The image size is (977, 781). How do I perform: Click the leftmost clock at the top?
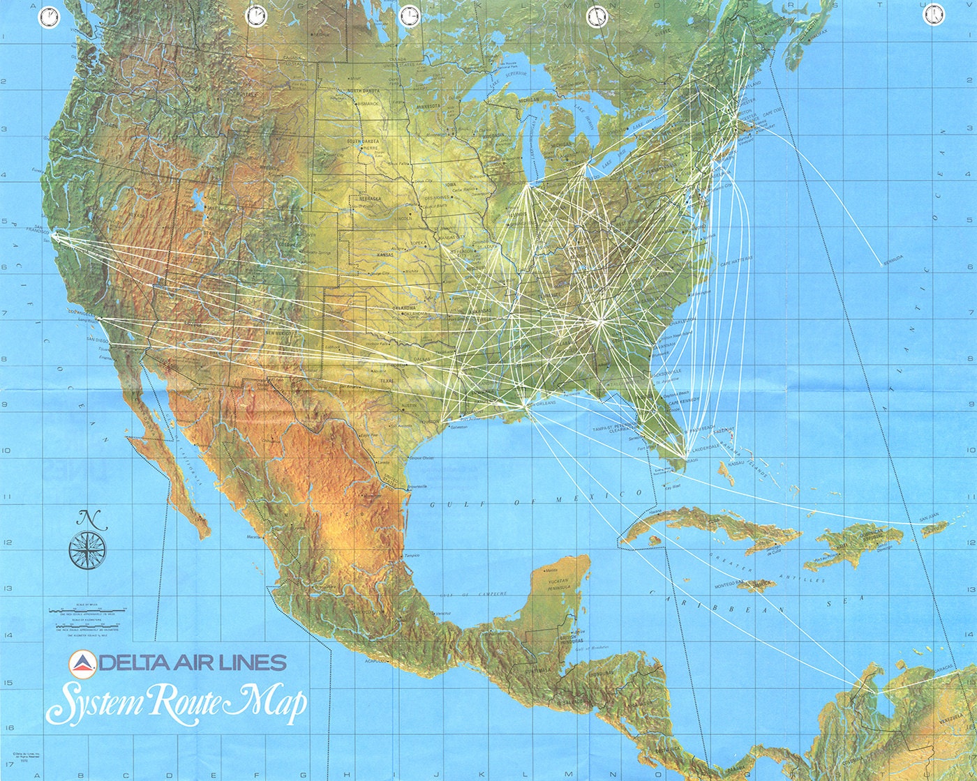point(49,17)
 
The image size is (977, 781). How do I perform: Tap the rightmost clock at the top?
point(932,15)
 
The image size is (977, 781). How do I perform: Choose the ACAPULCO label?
point(375,660)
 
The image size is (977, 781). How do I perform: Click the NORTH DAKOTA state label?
point(363,91)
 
